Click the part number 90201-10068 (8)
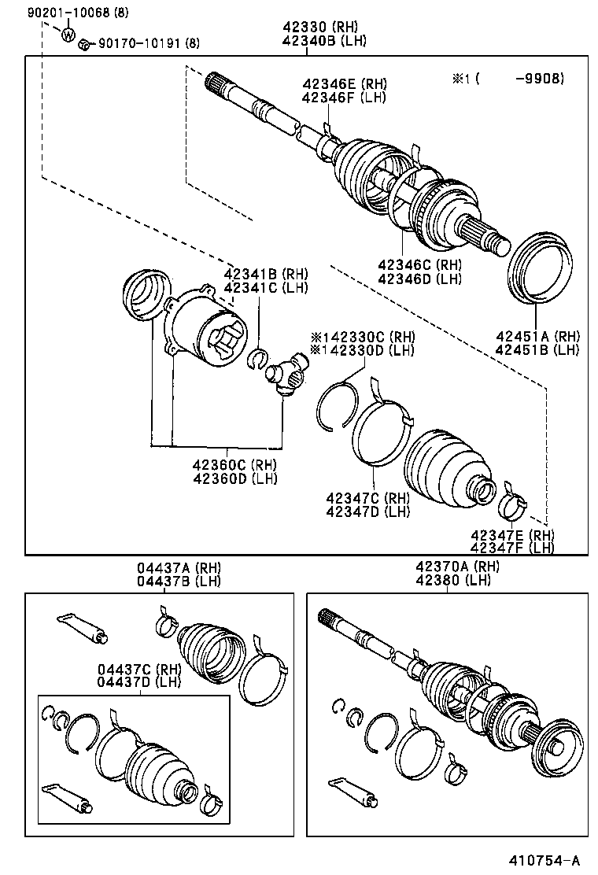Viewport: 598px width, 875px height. point(54,13)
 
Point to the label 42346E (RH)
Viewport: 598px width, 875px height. point(344,84)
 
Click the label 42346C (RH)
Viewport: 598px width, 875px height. point(419,265)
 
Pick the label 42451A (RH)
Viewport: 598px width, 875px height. point(537,336)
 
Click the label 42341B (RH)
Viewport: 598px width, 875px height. point(265,275)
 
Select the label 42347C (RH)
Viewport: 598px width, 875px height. point(367,498)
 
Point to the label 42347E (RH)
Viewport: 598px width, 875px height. point(512,535)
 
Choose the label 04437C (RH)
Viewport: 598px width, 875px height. point(139,669)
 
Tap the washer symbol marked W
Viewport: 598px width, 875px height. point(68,34)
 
